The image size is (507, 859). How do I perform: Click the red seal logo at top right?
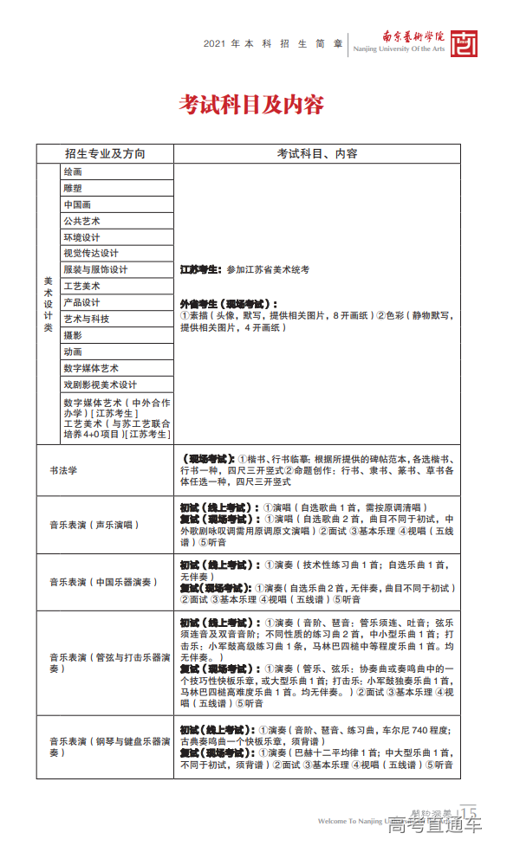pyautogui.click(x=466, y=42)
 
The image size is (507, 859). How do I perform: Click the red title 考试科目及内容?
pyautogui.click(x=251, y=105)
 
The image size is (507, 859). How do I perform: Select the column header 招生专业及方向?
pyautogui.click(x=105, y=153)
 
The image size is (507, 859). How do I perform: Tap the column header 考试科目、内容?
pyautogui.click(x=317, y=153)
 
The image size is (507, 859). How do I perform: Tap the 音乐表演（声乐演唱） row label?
pyautogui.click(x=94, y=525)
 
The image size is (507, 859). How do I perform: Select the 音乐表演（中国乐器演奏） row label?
pyautogui.click(x=100, y=582)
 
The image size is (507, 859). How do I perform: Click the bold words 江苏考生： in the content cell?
pyautogui.click(x=201, y=270)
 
